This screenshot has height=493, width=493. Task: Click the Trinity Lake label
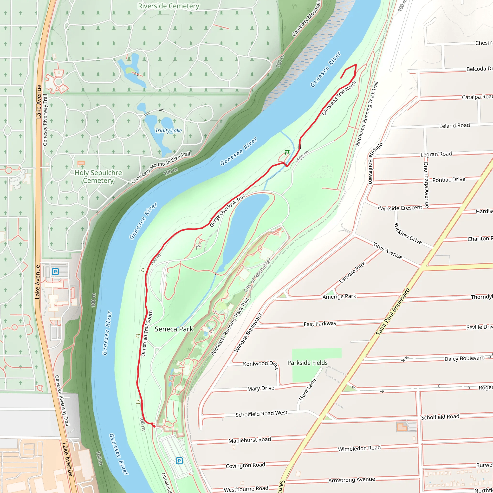[169, 131]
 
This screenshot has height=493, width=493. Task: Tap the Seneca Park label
[174, 329]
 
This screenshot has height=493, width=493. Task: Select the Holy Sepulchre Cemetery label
[98, 177]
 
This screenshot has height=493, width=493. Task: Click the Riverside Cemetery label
[169, 6]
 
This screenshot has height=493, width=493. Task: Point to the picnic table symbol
[287, 153]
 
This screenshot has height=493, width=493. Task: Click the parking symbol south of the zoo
[179, 461]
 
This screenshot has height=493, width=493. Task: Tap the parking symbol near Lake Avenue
[55, 272]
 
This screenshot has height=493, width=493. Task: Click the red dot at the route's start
[154, 426]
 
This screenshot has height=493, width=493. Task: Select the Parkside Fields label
[307, 363]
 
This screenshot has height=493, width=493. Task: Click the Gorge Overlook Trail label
[227, 211]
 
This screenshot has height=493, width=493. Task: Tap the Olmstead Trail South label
[147, 333]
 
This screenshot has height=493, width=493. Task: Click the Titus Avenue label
[388, 251]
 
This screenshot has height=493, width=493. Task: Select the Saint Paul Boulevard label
[393, 312]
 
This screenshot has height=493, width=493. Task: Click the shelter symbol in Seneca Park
[199, 246]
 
